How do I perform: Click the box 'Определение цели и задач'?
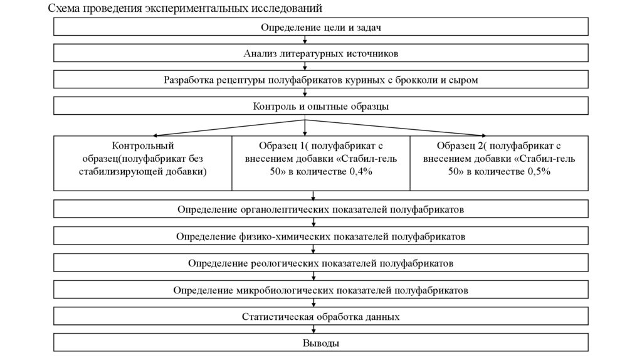pos(320,27)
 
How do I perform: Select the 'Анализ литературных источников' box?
pos(320,53)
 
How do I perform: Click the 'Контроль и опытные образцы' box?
pos(320,106)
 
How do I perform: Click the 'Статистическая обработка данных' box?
pos(320,317)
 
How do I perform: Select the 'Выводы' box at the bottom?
pos(320,343)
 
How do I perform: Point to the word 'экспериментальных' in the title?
pos(205,9)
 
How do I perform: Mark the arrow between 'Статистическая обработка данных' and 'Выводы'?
pos(312,329)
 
